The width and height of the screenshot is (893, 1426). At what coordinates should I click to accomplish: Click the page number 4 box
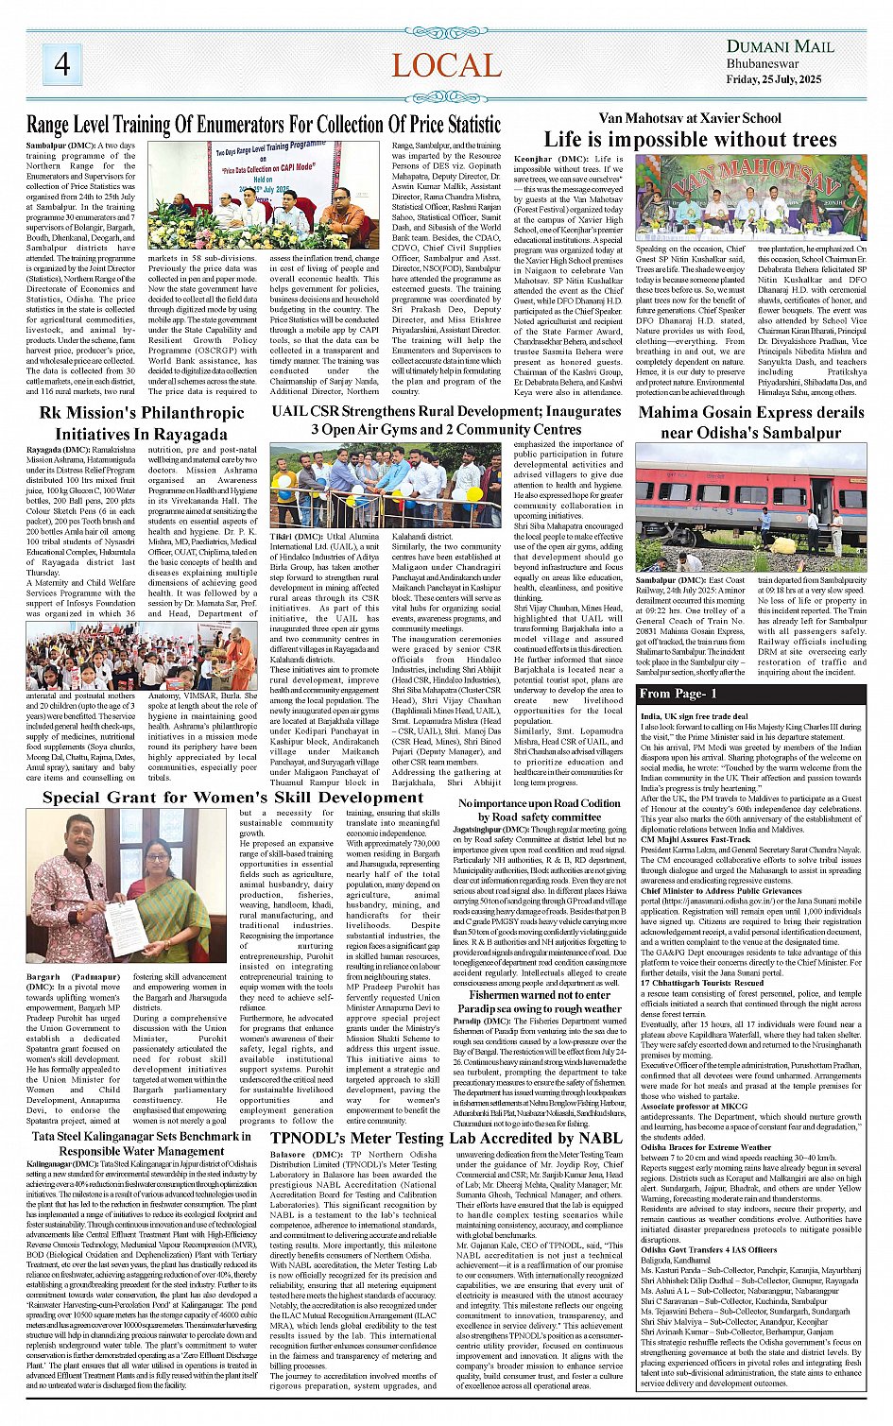click(x=62, y=64)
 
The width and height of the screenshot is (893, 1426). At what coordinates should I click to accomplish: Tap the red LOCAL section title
click(x=446, y=65)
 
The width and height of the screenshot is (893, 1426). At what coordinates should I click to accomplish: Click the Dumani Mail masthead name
click(x=780, y=46)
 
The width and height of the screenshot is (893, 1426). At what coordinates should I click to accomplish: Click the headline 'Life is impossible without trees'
click(x=691, y=140)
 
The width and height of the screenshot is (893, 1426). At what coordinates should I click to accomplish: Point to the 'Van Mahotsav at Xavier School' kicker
click(x=690, y=118)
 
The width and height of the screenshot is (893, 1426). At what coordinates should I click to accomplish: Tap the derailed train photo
click(x=750, y=507)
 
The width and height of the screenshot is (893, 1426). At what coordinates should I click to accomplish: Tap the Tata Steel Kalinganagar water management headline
click(x=141, y=1143)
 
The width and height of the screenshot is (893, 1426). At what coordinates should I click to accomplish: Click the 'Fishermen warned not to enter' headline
click(x=540, y=995)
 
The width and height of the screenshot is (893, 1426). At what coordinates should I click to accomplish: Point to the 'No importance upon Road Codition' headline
click(x=540, y=810)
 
